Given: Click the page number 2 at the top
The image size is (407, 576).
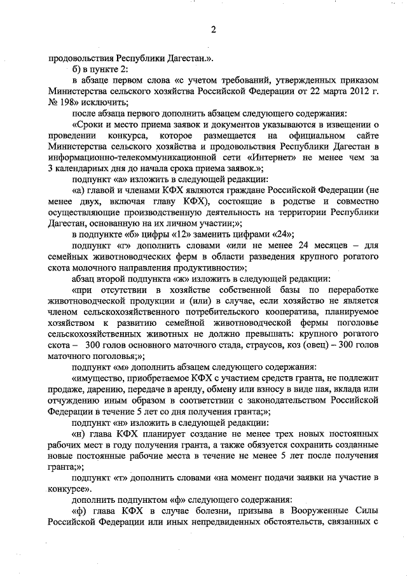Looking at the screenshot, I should point(214,29).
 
